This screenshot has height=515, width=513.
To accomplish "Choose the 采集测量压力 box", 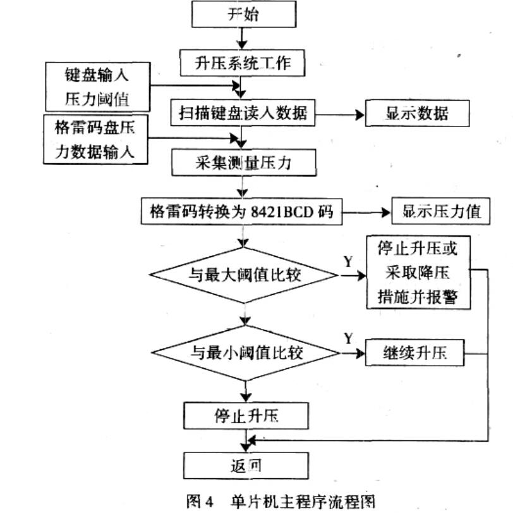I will click(x=243, y=164).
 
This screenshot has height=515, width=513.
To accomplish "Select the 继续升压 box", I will click(x=414, y=352).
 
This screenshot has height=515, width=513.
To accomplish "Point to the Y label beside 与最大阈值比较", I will click(x=347, y=261).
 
